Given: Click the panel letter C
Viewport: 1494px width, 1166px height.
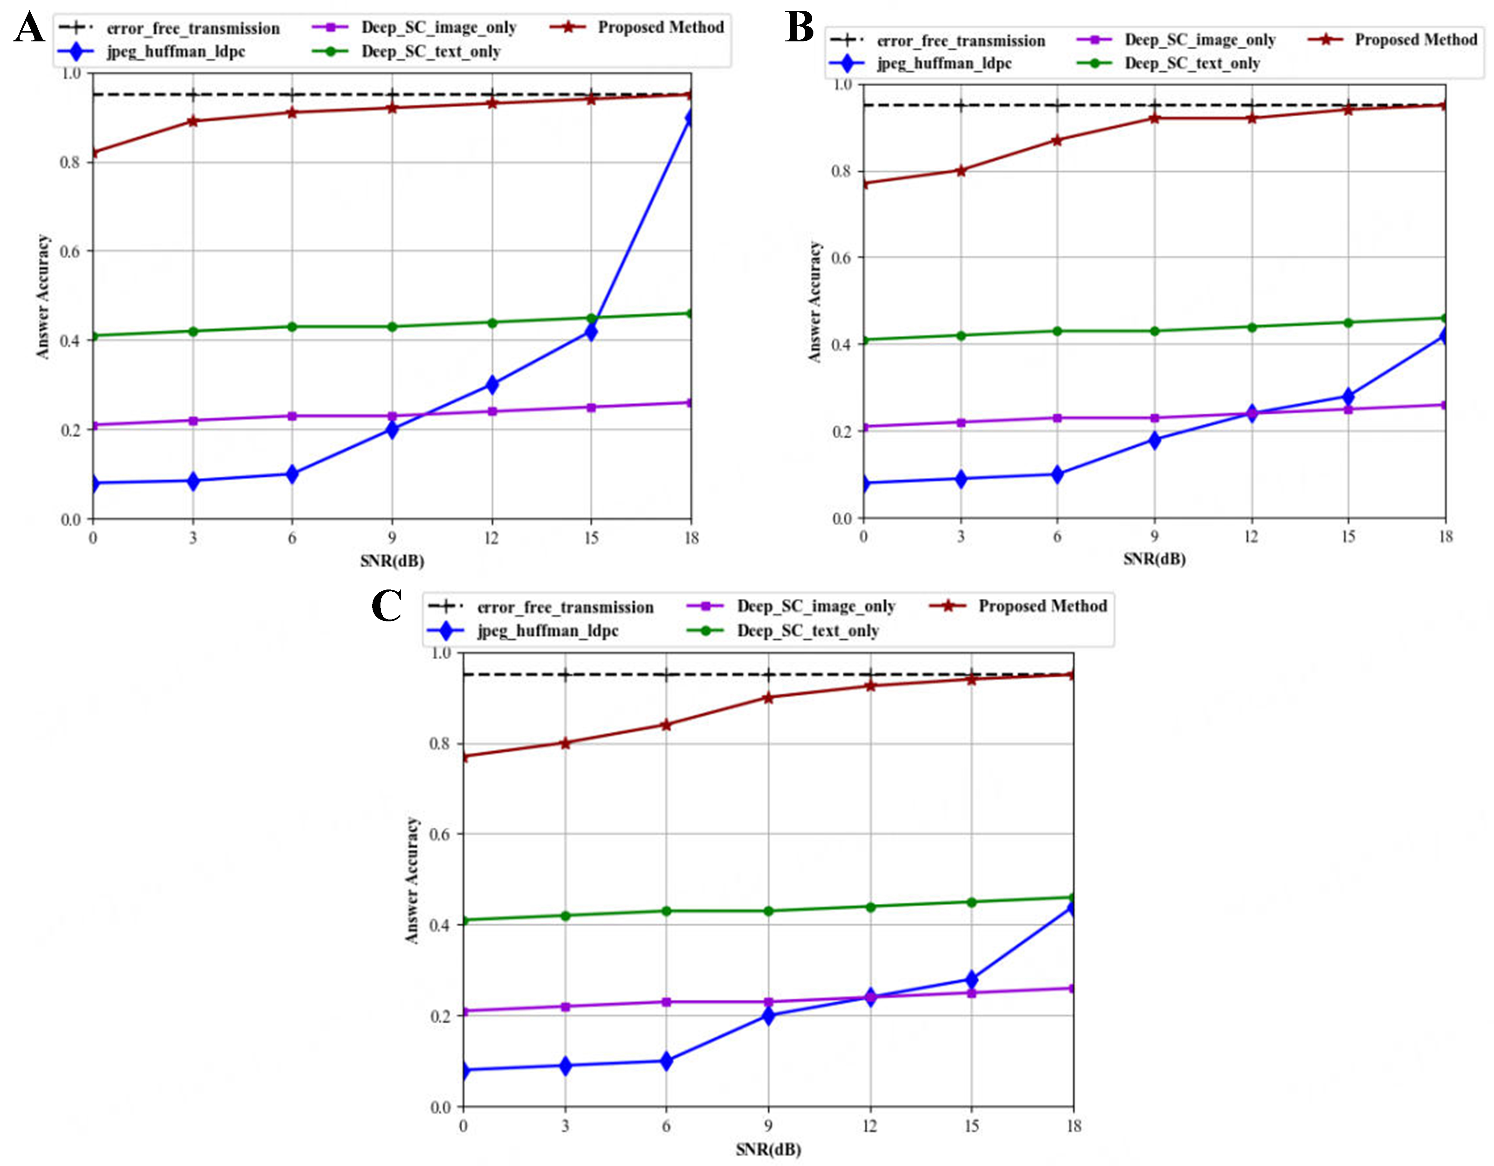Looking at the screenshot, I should pyautogui.click(x=386, y=606).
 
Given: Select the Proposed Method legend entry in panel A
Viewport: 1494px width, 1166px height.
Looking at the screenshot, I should pyautogui.click(x=660, y=27).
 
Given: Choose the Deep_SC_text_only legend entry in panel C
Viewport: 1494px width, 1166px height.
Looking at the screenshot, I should pyautogui.click(x=807, y=631).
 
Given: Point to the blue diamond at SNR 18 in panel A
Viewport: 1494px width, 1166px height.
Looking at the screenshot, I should pyautogui.click(x=690, y=118).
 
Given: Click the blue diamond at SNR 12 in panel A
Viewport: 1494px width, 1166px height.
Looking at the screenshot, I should pyautogui.click(x=491, y=384).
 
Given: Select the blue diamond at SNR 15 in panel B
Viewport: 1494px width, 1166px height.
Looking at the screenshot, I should pyautogui.click(x=1348, y=396).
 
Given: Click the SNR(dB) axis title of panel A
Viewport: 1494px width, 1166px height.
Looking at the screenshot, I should pyautogui.click(x=392, y=561).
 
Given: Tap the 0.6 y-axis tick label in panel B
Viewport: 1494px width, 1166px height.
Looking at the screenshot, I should pyautogui.click(x=841, y=258).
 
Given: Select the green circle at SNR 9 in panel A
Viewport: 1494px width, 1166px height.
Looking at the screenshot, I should pyautogui.click(x=392, y=327).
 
